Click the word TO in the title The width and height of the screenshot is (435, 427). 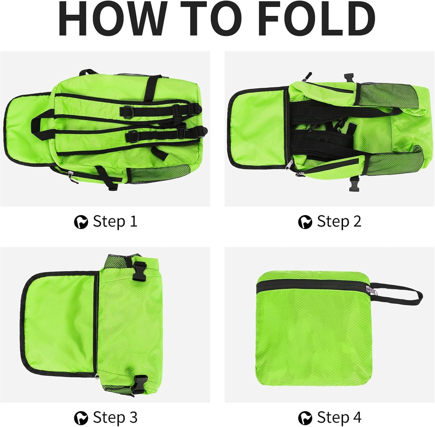point(211,19)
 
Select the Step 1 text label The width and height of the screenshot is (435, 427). point(115,221)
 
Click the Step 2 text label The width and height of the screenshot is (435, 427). point(339,221)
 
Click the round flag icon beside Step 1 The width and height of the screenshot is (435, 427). point(81,222)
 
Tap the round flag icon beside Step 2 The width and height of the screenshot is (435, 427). point(305,222)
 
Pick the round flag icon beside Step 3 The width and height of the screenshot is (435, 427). point(81,418)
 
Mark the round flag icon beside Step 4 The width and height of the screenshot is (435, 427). point(305,418)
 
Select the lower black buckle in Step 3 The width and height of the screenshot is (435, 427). point(140,385)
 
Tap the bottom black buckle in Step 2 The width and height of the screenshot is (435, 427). point(354,184)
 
